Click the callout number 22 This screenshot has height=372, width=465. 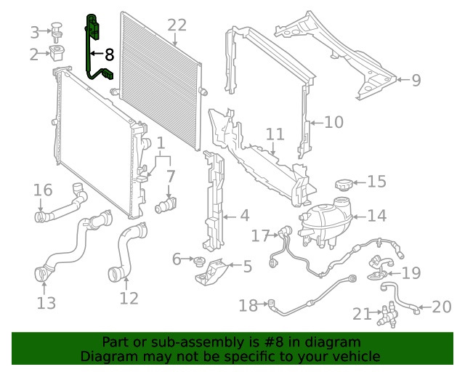click(177, 25)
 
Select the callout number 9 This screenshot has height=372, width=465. click(416, 80)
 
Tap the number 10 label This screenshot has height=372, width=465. click(333, 122)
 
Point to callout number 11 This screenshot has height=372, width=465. click(274, 134)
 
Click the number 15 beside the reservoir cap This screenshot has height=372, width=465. click(376, 182)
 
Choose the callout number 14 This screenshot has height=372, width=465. click(376, 216)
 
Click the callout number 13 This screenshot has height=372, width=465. click(46, 303)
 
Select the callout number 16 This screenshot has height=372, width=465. click(43, 190)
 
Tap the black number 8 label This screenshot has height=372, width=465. click(110, 54)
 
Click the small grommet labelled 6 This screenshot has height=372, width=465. click(196, 260)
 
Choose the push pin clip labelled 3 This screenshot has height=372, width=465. click(57, 31)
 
